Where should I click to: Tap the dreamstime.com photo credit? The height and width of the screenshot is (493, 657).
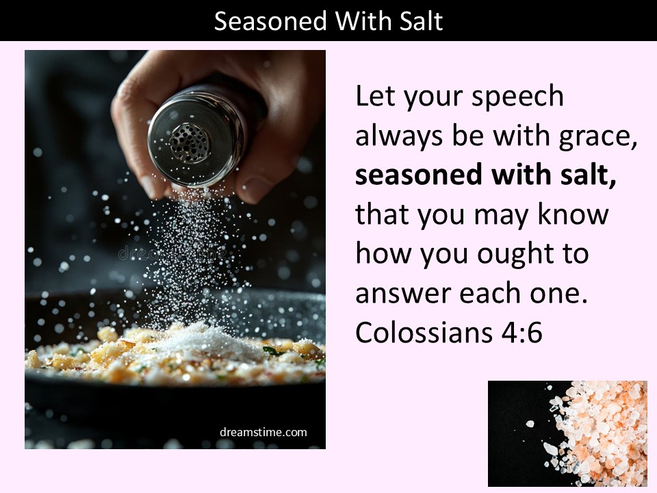[263, 432]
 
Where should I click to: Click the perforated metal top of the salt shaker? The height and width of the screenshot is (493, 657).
[190, 142]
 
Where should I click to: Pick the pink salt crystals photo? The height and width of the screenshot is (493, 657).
[567, 433]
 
